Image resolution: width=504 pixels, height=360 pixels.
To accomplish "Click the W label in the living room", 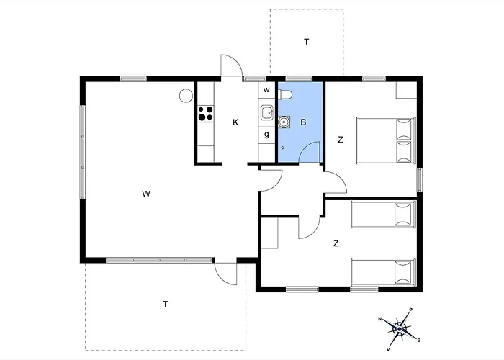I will click(145, 194).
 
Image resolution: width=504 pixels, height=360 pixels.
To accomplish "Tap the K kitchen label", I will click(235, 122).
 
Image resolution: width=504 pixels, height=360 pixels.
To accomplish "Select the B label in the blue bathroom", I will click(304, 122).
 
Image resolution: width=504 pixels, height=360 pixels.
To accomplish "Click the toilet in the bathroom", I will click(286, 94).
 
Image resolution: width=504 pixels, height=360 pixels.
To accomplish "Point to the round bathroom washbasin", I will click(284, 122).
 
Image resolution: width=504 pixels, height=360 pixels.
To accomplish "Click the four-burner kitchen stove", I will click(206, 113).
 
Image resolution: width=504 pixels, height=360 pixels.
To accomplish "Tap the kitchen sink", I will click(266, 112).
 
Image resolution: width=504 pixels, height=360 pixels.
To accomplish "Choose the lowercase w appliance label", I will click(266, 90).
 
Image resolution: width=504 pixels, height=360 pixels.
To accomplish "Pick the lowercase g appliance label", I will click(266, 134).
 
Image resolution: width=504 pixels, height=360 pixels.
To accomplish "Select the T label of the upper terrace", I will click(306, 42).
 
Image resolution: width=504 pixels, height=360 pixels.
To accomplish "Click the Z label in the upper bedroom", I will click(340, 140).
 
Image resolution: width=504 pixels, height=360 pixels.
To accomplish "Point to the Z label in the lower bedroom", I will click(336, 243).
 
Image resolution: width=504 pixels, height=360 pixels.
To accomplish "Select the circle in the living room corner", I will click(186, 94).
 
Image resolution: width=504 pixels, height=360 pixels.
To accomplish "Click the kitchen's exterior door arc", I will click(229, 65).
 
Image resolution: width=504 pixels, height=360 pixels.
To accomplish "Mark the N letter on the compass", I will click(380, 318).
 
